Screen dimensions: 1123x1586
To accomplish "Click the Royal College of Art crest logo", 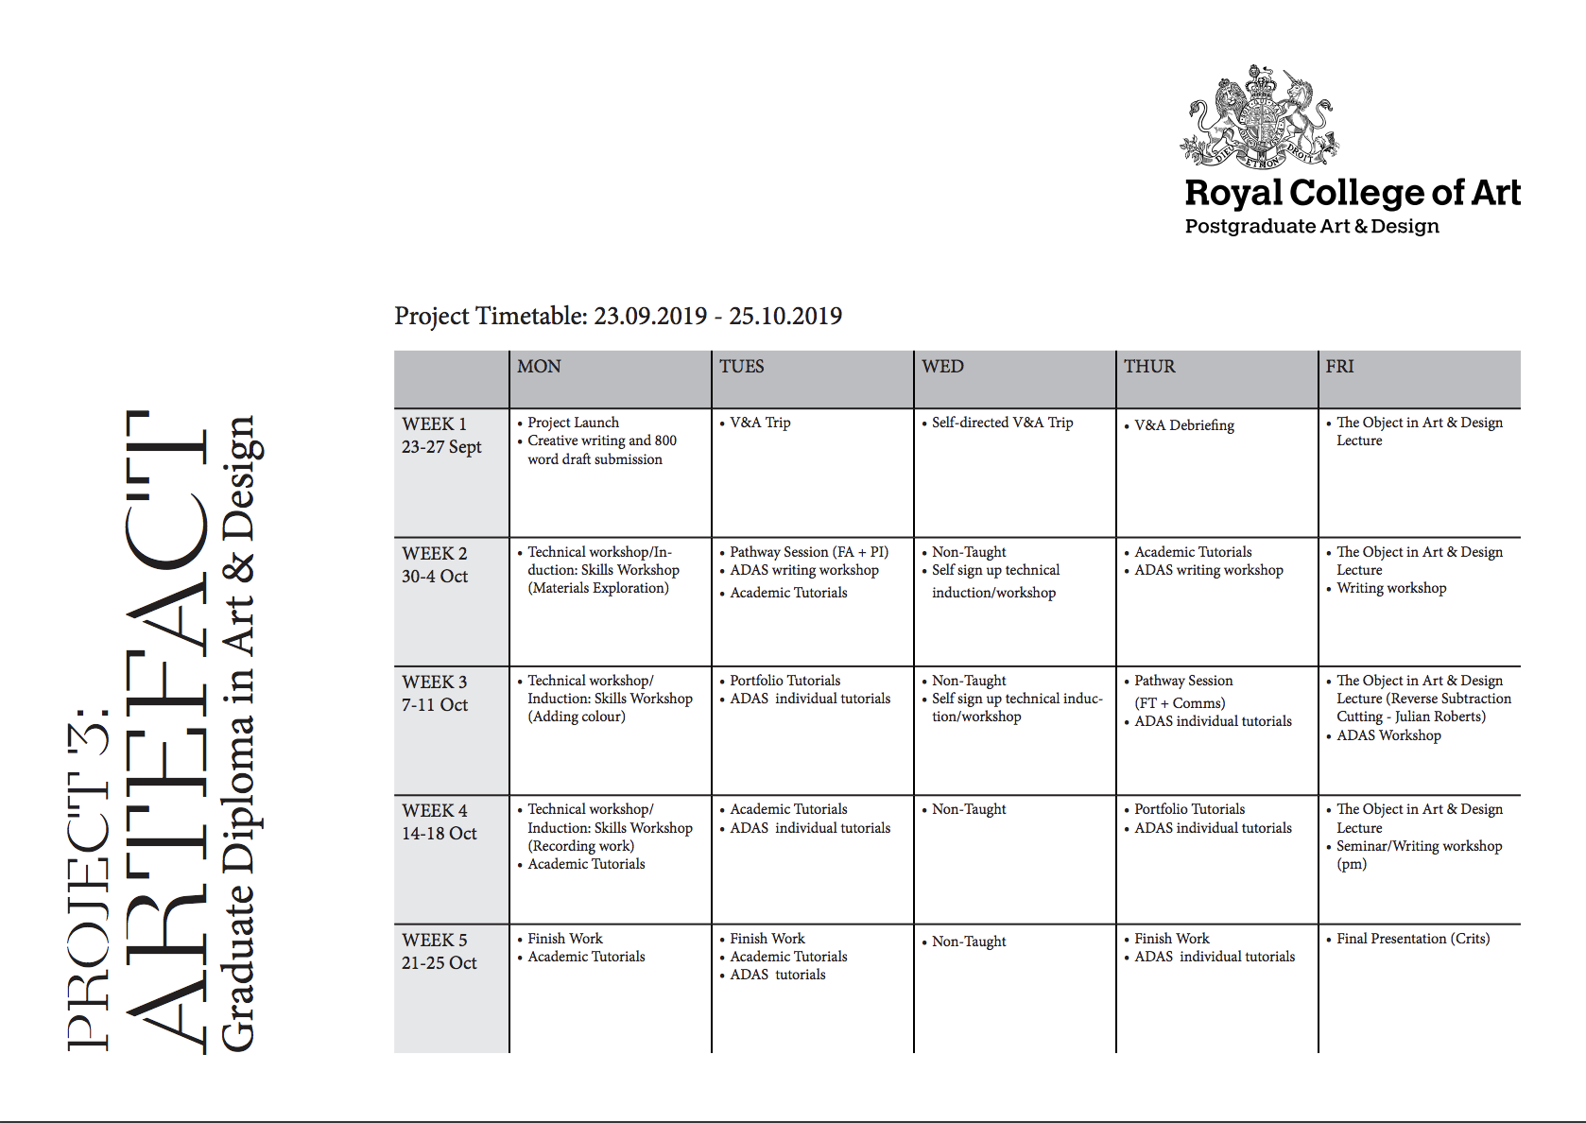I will (x=1260, y=116).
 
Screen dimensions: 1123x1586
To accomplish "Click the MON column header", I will (x=539, y=367).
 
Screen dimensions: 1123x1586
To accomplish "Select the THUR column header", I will (x=1149, y=367).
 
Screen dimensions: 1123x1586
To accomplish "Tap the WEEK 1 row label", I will (x=434, y=424).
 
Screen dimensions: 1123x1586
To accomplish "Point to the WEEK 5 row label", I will (x=434, y=941).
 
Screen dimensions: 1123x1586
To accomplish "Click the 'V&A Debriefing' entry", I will (x=1183, y=425).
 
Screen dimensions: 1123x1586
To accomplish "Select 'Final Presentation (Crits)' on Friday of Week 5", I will (x=1413, y=939).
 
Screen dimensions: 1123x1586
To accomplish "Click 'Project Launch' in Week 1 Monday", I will (x=573, y=423).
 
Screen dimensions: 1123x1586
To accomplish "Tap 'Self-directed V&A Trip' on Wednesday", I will (x=1002, y=423).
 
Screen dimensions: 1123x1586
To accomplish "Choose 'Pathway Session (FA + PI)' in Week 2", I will (x=808, y=552).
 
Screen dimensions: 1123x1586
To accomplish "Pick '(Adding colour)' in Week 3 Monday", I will (x=577, y=717).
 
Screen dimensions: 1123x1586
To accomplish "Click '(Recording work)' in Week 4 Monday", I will (x=580, y=846).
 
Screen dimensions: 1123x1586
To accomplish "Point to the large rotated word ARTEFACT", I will (x=165, y=733).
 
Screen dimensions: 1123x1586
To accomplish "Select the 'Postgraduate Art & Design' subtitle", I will (x=1312, y=227).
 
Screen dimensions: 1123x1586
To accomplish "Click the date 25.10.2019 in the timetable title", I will (x=784, y=316).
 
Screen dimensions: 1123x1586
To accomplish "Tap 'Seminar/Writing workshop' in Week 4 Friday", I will (x=1419, y=846).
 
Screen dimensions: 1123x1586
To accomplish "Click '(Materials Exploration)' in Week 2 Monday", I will (x=597, y=588).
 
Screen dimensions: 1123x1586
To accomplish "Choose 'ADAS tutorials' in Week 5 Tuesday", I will (x=777, y=975).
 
